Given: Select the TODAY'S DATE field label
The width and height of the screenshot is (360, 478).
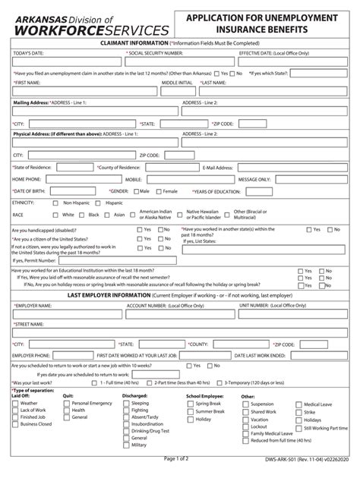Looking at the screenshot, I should tap(29, 54).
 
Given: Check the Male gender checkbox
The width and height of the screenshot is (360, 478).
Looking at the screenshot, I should tap(134, 191).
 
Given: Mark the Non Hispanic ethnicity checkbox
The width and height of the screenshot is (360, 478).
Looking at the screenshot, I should tap(55, 203).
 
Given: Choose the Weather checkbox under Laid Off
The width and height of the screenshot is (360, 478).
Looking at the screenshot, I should tap(14, 404).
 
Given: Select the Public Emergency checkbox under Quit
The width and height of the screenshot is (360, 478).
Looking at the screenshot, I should tap(66, 404).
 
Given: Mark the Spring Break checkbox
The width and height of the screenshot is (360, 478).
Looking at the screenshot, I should tap(190, 404).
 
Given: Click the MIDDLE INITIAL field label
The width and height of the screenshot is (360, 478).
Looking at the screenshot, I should tap(176, 81).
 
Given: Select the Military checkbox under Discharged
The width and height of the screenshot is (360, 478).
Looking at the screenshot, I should tap(125, 445).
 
